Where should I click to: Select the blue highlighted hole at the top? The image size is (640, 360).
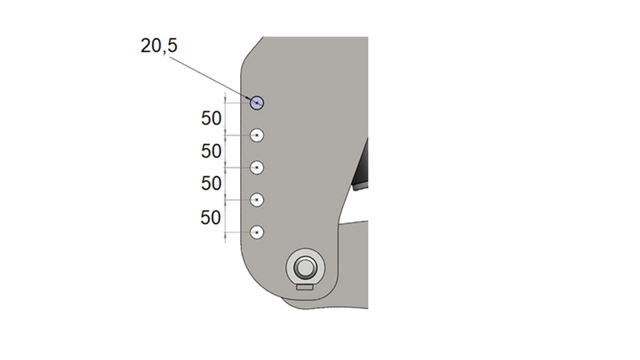click(257, 102)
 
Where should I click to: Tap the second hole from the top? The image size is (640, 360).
click(257, 136)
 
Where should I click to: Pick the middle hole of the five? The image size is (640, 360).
click(257, 168)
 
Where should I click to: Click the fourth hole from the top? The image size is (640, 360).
click(257, 199)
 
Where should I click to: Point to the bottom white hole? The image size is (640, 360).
click(257, 232)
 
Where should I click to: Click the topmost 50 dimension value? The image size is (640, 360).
click(211, 118)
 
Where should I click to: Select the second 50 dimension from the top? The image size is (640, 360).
click(211, 150)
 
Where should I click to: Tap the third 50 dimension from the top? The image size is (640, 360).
click(211, 183)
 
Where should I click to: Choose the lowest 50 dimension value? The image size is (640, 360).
click(211, 216)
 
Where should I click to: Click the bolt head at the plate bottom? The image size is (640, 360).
click(304, 266)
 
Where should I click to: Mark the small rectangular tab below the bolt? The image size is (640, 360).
click(304, 286)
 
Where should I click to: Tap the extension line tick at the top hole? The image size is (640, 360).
click(226, 102)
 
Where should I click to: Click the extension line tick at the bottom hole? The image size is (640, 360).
click(226, 232)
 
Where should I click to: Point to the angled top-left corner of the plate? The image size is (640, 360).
click(250, 52)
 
